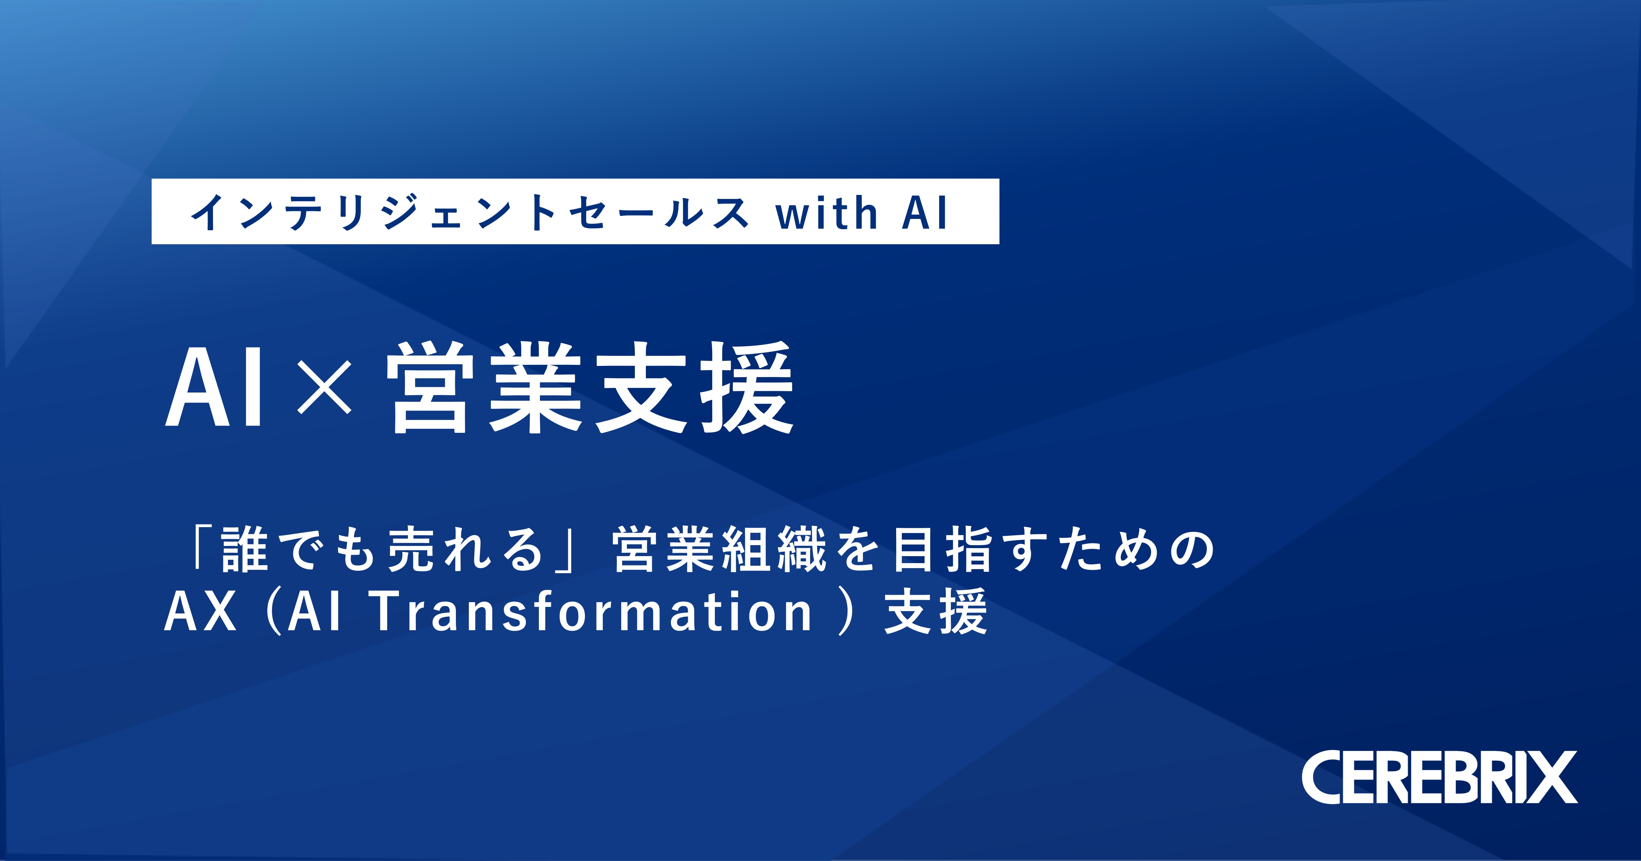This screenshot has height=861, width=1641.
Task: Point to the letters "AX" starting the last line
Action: pos(201,611)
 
